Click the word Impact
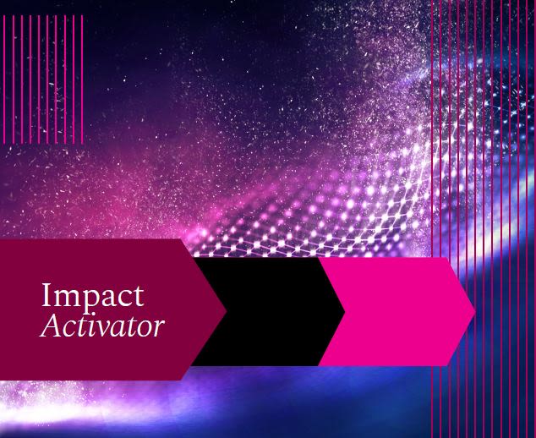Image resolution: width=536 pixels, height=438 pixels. [93, 297]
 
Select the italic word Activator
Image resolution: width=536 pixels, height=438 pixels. [102, 326]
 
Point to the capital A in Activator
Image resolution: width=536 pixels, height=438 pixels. [52, 326]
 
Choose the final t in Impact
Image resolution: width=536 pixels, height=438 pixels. [139, 296]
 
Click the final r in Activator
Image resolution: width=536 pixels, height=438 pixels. [159, 328]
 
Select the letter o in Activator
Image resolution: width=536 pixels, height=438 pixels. [145, 329]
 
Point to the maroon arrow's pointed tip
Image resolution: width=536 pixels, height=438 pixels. [226, 310]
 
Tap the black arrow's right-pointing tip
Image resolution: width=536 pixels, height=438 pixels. [344, 311]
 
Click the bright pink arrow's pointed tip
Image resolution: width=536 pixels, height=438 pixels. [474, 311]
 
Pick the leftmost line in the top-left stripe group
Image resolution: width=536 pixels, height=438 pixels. [4, 79]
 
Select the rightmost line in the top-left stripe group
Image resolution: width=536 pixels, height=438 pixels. [82, 79]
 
